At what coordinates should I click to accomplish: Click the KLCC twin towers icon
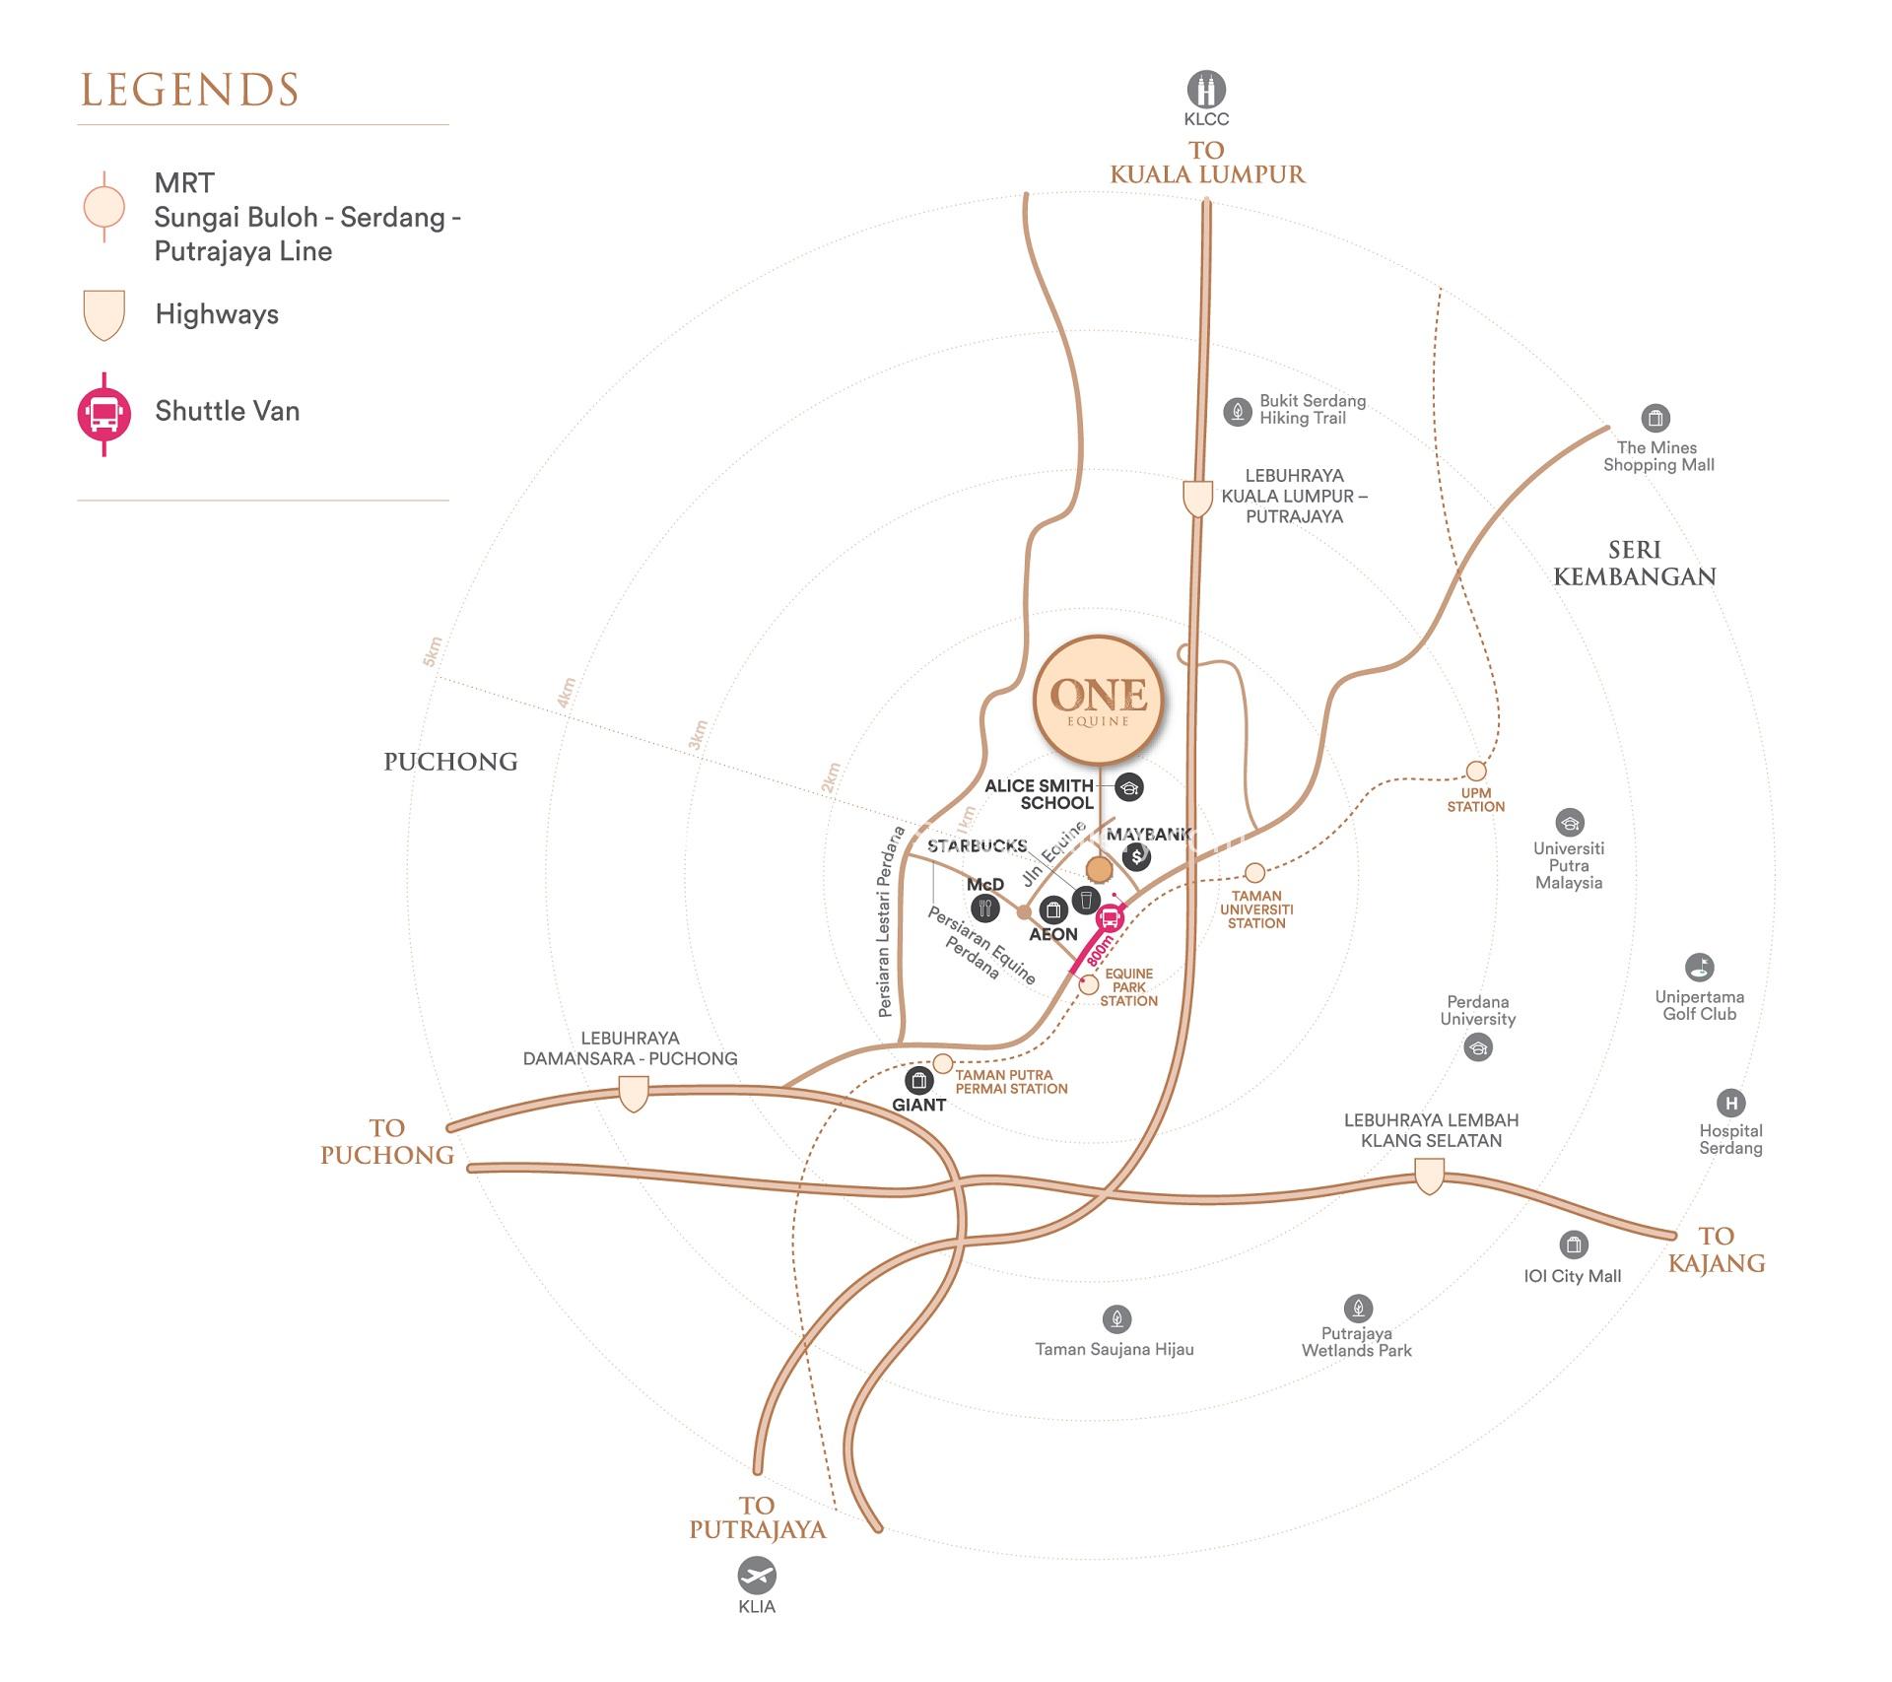(1206, 90)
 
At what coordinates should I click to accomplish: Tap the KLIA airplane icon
(757, 1576)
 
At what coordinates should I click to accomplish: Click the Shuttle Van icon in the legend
(103, 414)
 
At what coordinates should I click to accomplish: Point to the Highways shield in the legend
(103, 315)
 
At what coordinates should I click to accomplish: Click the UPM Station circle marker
(1475, 771)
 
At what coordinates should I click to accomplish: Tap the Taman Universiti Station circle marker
(1254, 873)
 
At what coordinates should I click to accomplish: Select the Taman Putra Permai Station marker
(942, 1063)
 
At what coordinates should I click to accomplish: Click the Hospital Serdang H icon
(1730, 1104)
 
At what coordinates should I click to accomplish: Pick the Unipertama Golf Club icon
(1699, 968)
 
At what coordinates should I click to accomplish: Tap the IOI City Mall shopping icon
(1573, 1245)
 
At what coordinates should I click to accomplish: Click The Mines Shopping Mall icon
(1655, 418)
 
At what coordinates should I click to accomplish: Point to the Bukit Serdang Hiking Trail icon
(1238, 411)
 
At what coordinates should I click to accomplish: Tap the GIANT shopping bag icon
(918, 1081)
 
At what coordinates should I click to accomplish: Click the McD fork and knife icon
(984, 908)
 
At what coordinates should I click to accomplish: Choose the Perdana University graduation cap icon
(1477, 1046)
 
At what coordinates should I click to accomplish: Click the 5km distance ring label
(433, 651)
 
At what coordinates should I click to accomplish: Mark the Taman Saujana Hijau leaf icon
(1116, 1319)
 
